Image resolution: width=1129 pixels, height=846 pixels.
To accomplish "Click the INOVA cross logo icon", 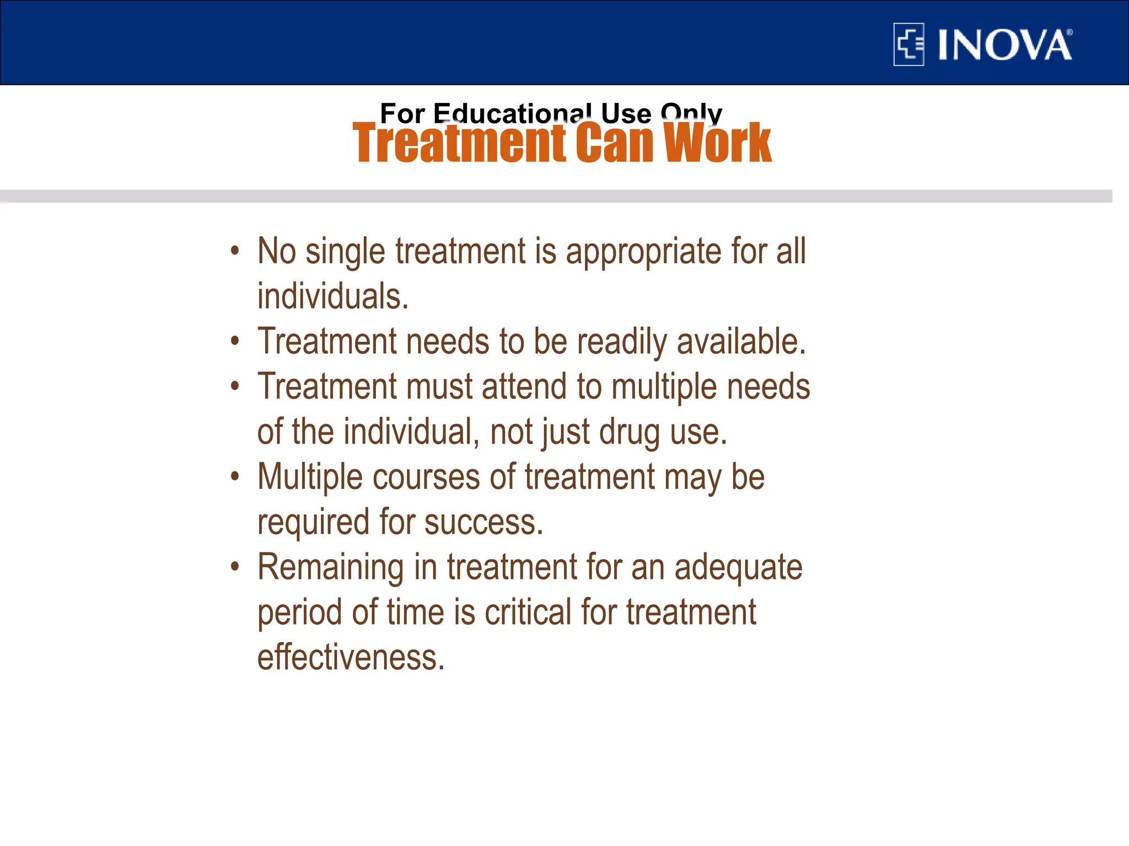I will click(x=908, y=45).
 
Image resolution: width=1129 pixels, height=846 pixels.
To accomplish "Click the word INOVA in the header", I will click(x=1004, y=45).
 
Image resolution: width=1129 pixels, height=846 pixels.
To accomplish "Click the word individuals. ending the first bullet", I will click(x=333, y=296).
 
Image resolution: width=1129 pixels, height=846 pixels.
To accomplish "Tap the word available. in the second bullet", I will click(x=741, y=341).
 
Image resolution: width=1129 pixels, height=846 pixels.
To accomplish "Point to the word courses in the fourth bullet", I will click(x=426, y=477).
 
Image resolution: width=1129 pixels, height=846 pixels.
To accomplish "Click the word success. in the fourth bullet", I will click(x=483, y=522).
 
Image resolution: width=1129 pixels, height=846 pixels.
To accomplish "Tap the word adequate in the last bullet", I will click(x=738, y=568).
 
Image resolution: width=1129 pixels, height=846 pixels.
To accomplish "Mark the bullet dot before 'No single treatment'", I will click(x=235, y=251).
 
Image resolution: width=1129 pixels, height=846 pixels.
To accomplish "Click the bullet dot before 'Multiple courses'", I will click(x=235, y=476).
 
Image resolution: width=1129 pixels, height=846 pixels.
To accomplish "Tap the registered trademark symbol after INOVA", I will click(x=1069, y=33).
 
